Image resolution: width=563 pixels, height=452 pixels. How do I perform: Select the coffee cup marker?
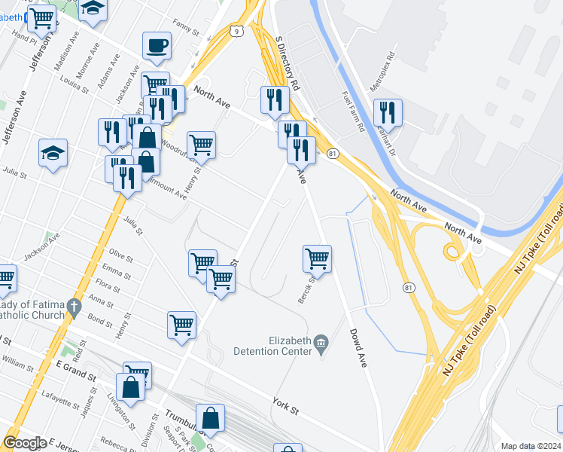(157, 45)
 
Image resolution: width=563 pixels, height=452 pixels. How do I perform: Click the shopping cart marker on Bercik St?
(318, 258)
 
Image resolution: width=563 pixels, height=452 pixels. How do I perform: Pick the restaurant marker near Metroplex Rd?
(388, 112)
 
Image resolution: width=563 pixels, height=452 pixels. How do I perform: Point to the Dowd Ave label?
(358, 349)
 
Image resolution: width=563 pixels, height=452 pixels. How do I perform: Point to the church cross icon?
(73, 307)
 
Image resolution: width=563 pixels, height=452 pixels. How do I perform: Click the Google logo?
(25, 443)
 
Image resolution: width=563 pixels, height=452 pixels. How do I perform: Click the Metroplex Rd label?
(382, 72)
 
